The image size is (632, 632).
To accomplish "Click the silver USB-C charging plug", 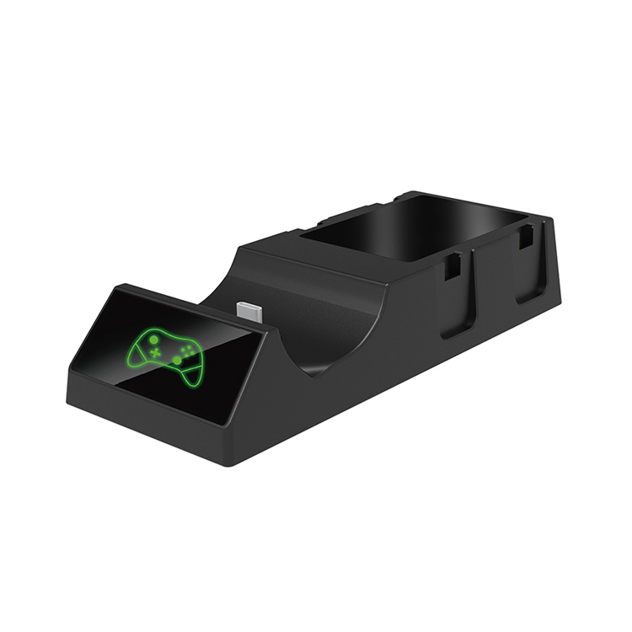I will (x=250, y=313).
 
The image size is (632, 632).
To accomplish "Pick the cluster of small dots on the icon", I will (x=186, y=346).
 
